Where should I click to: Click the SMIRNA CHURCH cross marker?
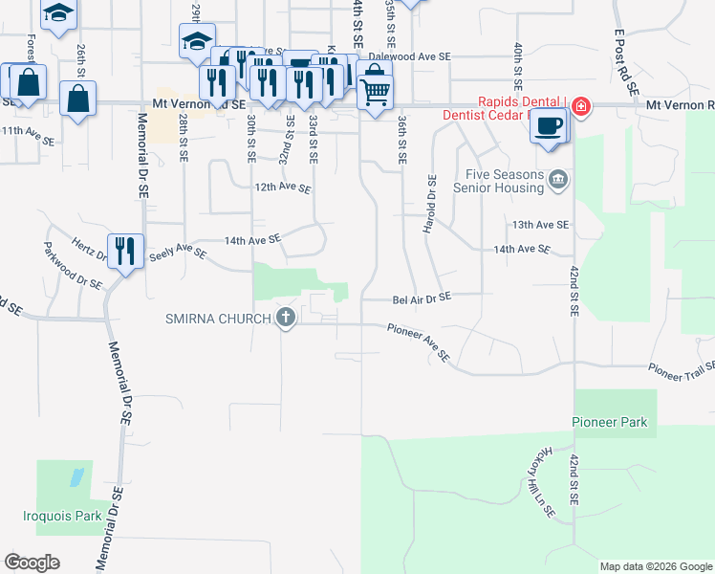click(x=285, y=318)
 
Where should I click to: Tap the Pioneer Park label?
click(x=610, y=422)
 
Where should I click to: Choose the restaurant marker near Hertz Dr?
click(x=125, y=252)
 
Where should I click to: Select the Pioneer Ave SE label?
click(x=419, y=342)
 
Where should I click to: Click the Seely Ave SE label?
click(x=177, y=252)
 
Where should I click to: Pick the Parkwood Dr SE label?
click(x=73, y=265)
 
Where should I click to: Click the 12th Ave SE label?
click(x=283, y=188)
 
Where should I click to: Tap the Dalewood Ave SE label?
click(x=409, y=56)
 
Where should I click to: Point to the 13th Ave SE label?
click(x=540, y=225)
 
